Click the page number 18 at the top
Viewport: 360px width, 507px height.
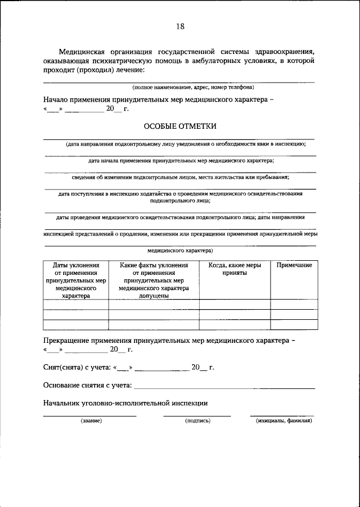[180, 26]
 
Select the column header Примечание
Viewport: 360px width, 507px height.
[294, 265]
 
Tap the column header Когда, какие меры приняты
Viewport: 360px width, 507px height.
[235, 269]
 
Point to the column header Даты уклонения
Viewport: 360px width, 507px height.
[76, 265]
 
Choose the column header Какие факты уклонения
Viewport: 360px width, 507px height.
[154, 265]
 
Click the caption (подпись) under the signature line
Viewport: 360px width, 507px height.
[197, 420]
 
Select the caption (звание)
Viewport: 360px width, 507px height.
[90, 420]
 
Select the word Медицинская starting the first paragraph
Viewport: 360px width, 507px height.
[85, 51]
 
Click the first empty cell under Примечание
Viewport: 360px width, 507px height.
[294, 305]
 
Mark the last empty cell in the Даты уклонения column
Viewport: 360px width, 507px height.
[76, 324]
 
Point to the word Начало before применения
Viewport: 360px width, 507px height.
[57, 98]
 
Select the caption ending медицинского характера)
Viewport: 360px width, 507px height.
[180, 251]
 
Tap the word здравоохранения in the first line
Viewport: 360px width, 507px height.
[280, 51]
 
